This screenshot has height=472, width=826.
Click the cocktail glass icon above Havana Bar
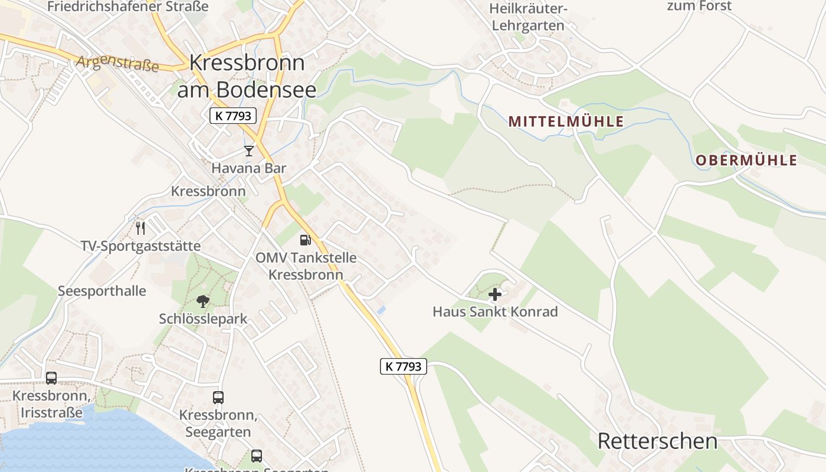pyautogui.click(x=249, y=151)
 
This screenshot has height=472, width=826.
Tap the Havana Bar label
pyautogui.click(x=249, y=168)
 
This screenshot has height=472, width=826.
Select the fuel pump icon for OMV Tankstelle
pyautogui.click(x=306, y=240)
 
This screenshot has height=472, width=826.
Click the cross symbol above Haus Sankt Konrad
pyautogui.click(x=495, y=294)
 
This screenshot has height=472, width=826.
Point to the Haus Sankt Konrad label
pyautogui.click(x=495, y=312)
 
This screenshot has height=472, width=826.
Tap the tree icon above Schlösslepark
pyautogui.click(x=203, y=301)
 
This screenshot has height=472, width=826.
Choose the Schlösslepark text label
pyautogui.click(x=203, y=319)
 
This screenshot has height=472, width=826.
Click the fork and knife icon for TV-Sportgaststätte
pyautogui.click(x=140, y=228)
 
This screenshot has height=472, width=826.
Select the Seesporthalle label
pyautogui.click(x=102, y=291)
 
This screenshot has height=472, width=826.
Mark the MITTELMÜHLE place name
pyautogui.click(x=566, y=122)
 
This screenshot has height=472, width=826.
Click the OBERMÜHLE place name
pyautogui.click(x=746, y=160)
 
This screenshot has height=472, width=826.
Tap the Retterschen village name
pyautogui.click(x=657, y=441)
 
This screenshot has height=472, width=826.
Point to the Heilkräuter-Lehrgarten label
pyautogui.click(x=528, y=17)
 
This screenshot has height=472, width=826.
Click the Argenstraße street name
pyautogui.click(x=117, y=63)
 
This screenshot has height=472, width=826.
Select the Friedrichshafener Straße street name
pyautogui.click(x=127, y=7)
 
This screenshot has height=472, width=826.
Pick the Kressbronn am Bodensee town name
pyautogui.click(x=247, y=76)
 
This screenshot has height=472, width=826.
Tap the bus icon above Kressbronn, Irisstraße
pyautogui.click(x=51, y=378)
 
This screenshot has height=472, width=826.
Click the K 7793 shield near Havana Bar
pyautogui.click(x=233, y=116)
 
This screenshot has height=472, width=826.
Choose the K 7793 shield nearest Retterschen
pyautogui.click(x=403, y=366)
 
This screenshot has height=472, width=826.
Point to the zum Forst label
pyautogui.click(x=699, y=6)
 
